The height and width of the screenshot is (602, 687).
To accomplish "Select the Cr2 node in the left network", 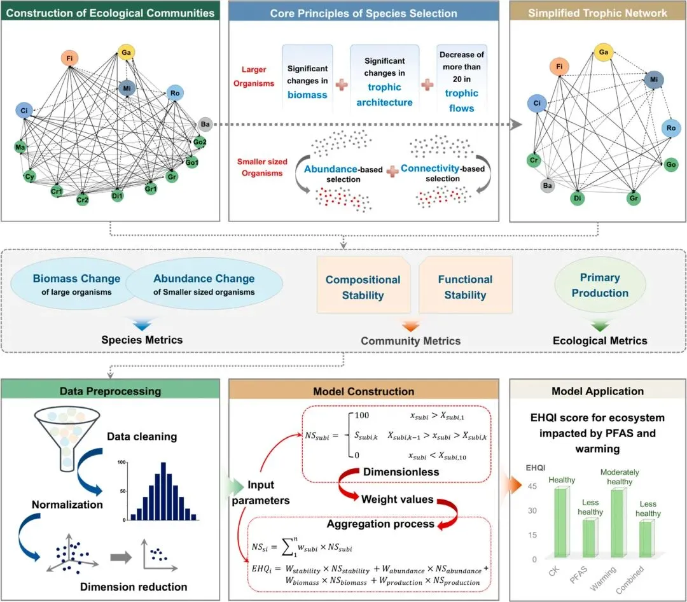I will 83,199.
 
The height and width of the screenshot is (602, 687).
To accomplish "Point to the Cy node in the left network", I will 29,176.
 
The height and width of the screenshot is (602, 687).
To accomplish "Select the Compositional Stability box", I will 363,287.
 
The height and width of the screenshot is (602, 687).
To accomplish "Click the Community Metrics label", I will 410,341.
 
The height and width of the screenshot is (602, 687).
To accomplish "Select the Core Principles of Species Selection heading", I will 363,13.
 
